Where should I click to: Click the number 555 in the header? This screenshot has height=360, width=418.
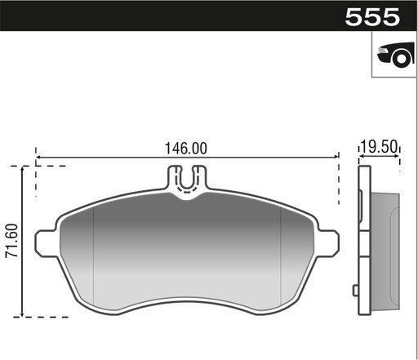372,16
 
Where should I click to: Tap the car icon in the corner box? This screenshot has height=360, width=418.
394,55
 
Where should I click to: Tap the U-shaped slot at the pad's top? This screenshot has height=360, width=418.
187,181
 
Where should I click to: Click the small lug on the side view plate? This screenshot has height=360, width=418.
355,289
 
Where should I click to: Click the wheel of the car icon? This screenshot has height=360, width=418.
399,59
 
